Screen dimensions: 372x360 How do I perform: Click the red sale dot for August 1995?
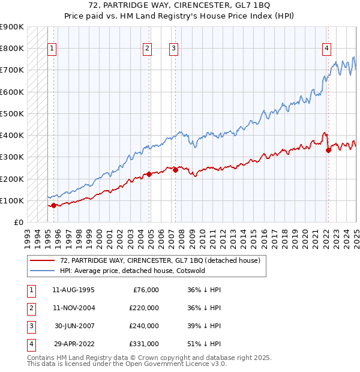(x=53, y=205)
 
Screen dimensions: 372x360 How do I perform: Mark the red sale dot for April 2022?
(x=328, y=151)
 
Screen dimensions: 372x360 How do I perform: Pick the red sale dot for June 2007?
(x=176, y=170)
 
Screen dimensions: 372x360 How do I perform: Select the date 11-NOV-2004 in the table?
(x=74, y=308)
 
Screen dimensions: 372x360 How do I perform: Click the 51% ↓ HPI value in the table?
(x=203, y=344)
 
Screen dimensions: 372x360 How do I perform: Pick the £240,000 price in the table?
(x=143, y=326)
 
